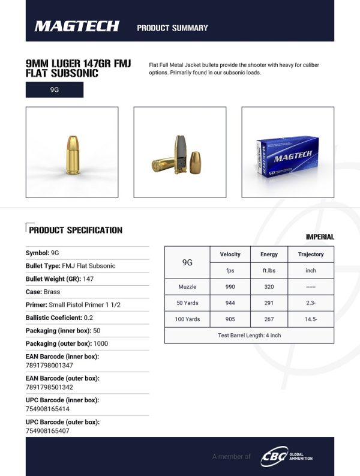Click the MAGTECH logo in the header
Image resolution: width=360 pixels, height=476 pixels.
tap(77, 26)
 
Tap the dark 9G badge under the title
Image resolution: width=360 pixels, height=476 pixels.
tap(55, 90)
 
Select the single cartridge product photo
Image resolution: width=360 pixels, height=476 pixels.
tap(72, 152)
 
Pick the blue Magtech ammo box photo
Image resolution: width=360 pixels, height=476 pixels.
tap(287, 152)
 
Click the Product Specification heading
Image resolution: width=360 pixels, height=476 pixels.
tap(75, 230)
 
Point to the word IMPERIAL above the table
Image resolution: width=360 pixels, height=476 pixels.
tap(320, 237)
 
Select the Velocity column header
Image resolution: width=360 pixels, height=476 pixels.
tap(230, 255)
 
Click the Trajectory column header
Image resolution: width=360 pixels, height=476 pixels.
tap(311, 255)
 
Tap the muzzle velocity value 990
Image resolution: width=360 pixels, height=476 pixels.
tap(230, 287)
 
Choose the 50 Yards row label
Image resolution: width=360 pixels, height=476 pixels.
tap(187, 303)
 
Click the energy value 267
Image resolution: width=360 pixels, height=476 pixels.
tap(269, 319)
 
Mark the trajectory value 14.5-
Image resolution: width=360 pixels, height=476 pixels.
tap(311, 319)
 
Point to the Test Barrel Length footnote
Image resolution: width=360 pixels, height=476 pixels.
tap(249, 336)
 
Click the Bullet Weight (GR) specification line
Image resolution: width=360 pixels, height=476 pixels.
tap(60, 279)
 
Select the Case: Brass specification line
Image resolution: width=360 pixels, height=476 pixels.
tap(43, 292)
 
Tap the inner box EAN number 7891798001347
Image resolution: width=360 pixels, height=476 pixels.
tap(49, 365)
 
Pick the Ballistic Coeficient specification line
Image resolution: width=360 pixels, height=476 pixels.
tap(59, 318)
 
